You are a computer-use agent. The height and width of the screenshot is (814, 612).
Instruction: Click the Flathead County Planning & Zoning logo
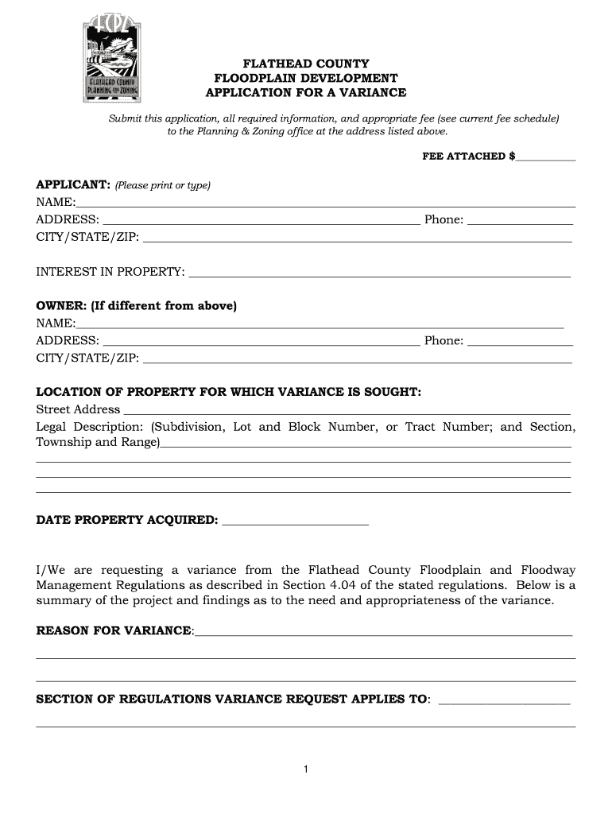[112, 60]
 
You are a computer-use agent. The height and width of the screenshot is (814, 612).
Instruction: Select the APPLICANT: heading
[73, 184]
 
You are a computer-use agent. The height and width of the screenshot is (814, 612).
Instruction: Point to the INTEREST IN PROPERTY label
[110, 272]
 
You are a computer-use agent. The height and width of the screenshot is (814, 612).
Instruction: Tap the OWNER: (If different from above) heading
[137, 306]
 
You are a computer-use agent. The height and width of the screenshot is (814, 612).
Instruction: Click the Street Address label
[79, 409]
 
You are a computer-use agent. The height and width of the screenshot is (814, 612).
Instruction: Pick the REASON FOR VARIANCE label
[114, 630]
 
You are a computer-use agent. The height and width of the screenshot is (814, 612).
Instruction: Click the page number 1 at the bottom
[305, 769]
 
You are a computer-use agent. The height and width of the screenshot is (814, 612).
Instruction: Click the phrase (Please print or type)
[163, 185]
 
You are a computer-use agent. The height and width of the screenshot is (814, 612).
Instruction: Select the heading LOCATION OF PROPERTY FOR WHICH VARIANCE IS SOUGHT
[229, 392]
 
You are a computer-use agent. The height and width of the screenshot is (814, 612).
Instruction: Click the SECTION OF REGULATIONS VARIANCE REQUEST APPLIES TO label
[232, 700]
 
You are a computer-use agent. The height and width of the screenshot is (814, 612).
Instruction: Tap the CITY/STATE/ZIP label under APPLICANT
[87, 237]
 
